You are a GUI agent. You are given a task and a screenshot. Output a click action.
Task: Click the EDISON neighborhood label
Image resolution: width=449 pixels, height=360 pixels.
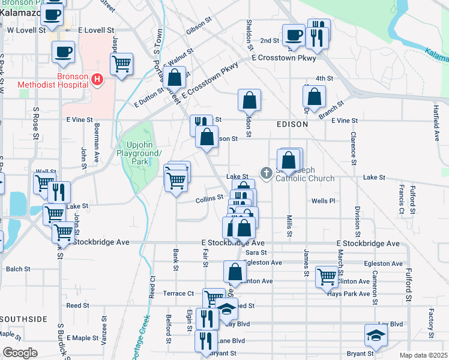click(292, 124)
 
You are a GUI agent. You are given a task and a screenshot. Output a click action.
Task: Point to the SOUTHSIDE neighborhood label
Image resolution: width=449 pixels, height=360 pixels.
click(24, 319)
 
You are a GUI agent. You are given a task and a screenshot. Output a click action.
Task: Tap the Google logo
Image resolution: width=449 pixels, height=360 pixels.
click(20, 352)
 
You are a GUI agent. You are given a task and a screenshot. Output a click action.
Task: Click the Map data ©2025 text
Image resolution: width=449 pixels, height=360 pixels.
click(423, 355)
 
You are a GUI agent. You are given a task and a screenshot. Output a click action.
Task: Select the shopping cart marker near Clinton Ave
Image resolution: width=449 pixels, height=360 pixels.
click(327, 277)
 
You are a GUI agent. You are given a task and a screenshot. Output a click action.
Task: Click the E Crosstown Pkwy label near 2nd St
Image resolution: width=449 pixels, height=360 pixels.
click(284, 58)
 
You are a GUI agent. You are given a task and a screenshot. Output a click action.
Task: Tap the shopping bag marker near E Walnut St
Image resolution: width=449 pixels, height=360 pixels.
click(175, 78)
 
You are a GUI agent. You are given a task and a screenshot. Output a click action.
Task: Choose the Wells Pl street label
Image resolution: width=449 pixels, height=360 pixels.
click(323, 201)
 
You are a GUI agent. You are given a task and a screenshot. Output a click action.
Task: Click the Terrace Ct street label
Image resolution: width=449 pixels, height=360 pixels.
click(179, 293)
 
